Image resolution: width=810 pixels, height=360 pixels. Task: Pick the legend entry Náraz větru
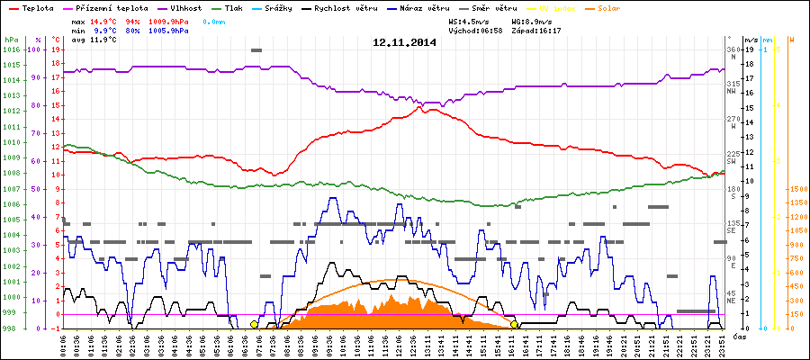(x=426, y=7)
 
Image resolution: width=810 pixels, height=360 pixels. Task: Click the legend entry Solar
(x=609, y=7)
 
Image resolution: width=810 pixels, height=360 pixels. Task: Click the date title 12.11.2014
(x=404, y=42)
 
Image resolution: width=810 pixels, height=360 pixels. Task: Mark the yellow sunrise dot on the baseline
(x=254, y=324)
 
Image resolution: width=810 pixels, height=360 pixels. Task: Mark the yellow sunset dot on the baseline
(x=514, y=324)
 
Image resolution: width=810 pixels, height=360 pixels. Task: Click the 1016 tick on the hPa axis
(x=10, y=49)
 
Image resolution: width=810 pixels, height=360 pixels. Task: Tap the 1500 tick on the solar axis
(x=796, y=189)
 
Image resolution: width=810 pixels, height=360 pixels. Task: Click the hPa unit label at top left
(x=10, y=40)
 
